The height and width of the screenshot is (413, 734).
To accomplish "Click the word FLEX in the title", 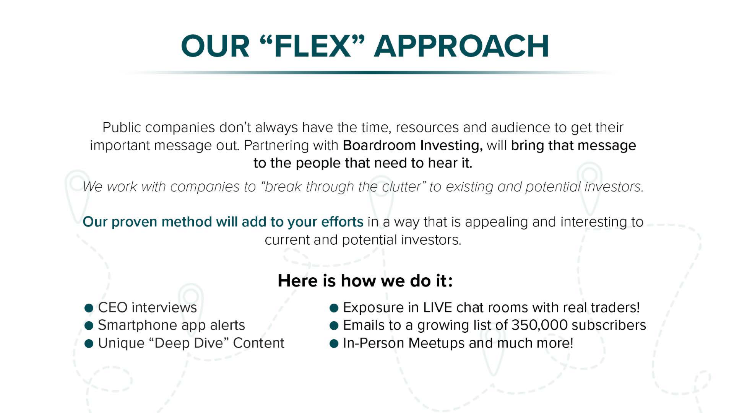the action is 312,46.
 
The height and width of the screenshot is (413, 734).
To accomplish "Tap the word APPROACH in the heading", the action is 461,46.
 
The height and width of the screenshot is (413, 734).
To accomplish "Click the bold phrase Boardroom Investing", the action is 412,145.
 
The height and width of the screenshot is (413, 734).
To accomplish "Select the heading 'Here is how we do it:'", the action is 365,281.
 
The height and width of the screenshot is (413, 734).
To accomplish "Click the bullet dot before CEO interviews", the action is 89,308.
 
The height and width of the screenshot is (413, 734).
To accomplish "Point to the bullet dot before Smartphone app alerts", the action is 89,326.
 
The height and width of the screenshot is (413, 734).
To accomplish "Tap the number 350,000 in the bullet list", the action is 539,325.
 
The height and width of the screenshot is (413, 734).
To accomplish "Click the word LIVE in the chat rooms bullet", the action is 438,307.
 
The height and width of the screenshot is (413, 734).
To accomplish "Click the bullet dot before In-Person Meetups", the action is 334,344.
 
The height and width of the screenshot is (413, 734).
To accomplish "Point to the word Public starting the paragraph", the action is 122,127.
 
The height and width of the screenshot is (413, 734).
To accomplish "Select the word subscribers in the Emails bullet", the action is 609,325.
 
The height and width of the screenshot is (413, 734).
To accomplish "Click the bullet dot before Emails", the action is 334,326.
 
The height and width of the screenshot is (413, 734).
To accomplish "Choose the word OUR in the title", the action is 215,46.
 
